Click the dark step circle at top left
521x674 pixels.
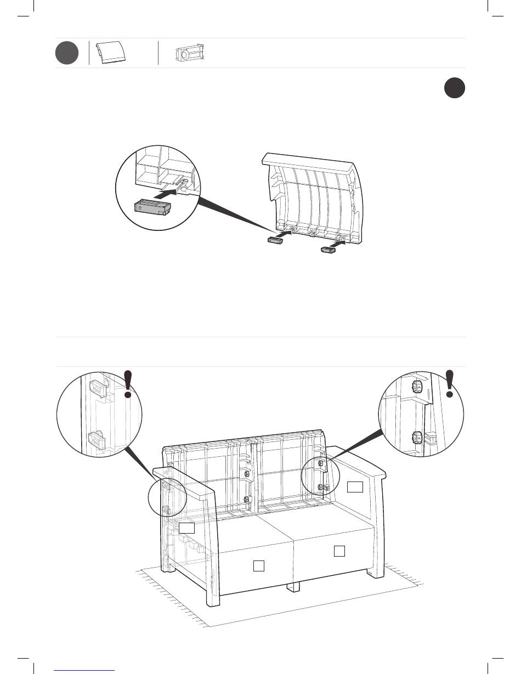[67, 53]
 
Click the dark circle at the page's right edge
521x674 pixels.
[454, 88]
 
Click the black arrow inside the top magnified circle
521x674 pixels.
[168, 193]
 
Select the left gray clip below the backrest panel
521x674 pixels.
[275, 241]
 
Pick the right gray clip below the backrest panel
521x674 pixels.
[327, 250]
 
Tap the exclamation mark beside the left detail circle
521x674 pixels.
[128, 383]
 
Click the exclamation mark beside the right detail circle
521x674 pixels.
[450, 383]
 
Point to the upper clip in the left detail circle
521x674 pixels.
[97, 386]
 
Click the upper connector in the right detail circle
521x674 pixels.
[417, 387]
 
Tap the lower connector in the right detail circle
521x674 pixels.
[418, 438]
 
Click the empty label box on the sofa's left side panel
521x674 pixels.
[187, 527]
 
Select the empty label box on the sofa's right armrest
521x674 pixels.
[355, 486]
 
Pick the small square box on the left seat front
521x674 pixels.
[259, 565]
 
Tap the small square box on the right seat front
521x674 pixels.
[339, 551]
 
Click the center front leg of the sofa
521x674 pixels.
[293, 586]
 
